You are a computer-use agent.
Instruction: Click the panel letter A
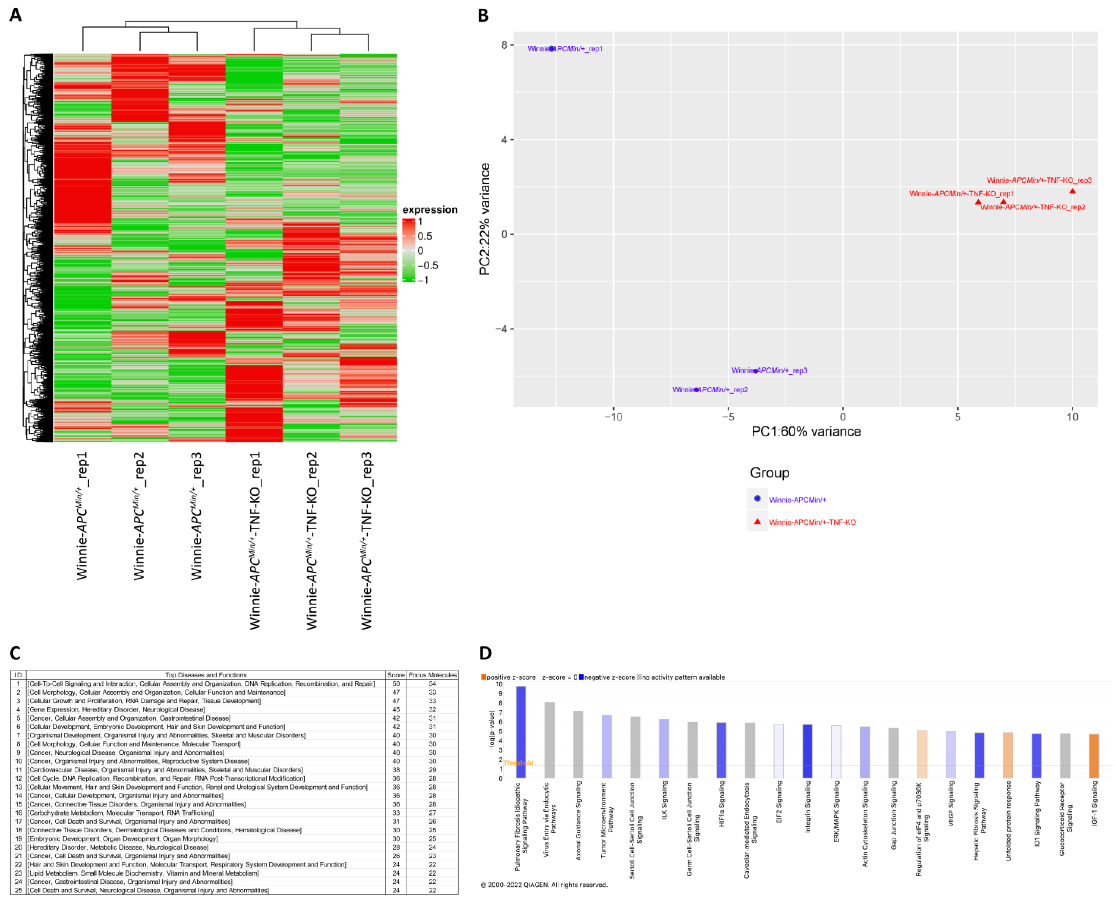(16, 15)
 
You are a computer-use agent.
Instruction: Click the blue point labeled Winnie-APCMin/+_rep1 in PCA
(551, 49)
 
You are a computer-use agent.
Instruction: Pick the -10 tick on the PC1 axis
(613, 417)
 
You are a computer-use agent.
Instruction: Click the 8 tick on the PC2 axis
(504, 45)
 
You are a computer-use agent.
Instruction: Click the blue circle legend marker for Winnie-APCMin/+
(757, 499)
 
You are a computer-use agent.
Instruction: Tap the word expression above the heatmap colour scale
(430, 209)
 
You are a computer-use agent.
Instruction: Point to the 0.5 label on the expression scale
(425, 236)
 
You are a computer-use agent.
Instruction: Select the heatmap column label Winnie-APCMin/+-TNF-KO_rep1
(255, 541)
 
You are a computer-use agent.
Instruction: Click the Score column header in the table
(395, 675)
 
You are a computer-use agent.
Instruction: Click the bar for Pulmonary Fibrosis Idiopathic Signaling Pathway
(520, 731)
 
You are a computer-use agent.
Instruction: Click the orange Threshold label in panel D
(518, 763)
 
